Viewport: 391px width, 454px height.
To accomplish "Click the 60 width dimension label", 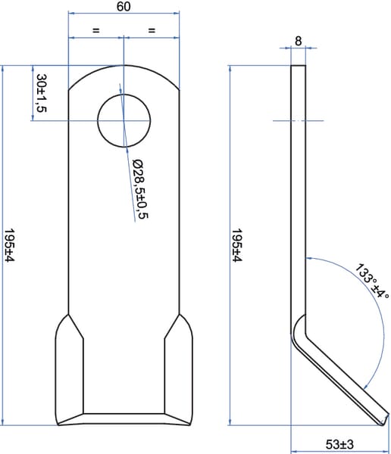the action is (124, 6).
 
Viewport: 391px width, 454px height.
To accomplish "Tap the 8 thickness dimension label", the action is (299, 41).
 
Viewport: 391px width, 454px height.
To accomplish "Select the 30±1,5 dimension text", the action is (42, 93).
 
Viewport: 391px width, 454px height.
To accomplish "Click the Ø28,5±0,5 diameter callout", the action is (140, 188).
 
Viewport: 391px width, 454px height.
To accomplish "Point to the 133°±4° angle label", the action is (372, 281).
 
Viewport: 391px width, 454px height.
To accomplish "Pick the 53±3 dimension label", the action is (339, 444).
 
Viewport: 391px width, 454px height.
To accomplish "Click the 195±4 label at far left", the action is (9, 245).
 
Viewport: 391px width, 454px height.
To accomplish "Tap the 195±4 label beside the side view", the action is (237, 245).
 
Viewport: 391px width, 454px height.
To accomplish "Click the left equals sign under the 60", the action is (96, 30).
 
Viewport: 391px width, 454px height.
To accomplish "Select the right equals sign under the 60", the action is (152, 30).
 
